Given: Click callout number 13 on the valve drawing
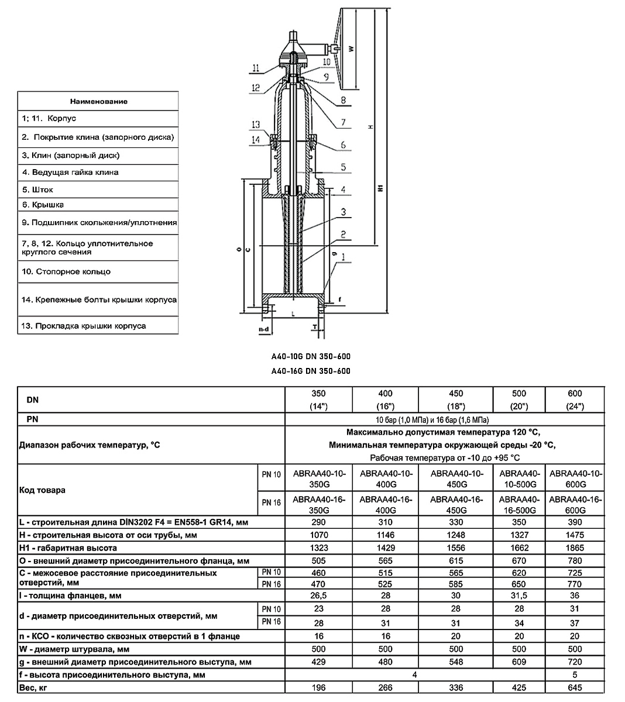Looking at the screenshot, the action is (x=256, y=125).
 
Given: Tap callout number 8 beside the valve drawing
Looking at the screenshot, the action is (x=343, y=100).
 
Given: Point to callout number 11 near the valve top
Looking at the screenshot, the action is (x=256, y=67).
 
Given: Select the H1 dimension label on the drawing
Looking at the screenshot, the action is (x=380, y=188).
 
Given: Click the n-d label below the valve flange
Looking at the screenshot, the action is (x=264, y=329).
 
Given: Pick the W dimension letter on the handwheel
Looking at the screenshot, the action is (x=352, y=49).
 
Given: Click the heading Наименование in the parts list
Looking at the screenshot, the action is (x=99, y=102).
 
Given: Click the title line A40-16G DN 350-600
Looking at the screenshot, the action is (x=311, y=371).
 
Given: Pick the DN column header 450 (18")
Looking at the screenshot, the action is (x=456, y=400).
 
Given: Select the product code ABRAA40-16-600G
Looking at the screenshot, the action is (x=575, y=504).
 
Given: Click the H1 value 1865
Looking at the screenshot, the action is (x=575, y=548).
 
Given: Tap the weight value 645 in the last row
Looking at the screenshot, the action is (x=575, y=687).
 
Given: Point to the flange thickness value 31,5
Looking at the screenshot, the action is (x=519, y=596).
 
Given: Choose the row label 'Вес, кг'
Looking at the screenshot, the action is (x=33, y=688).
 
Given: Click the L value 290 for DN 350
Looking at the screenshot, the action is (x=318, y=522).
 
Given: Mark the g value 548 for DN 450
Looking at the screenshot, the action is (x=456, y=662).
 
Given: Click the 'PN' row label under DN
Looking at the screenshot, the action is (x=33, y=419).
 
